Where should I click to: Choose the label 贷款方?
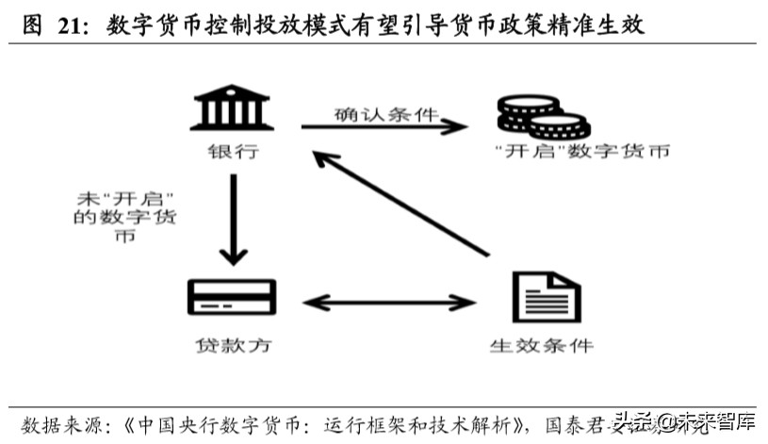coord(232,345)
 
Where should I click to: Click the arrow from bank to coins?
coord(386,127)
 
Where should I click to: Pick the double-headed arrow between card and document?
coord(389,304)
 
